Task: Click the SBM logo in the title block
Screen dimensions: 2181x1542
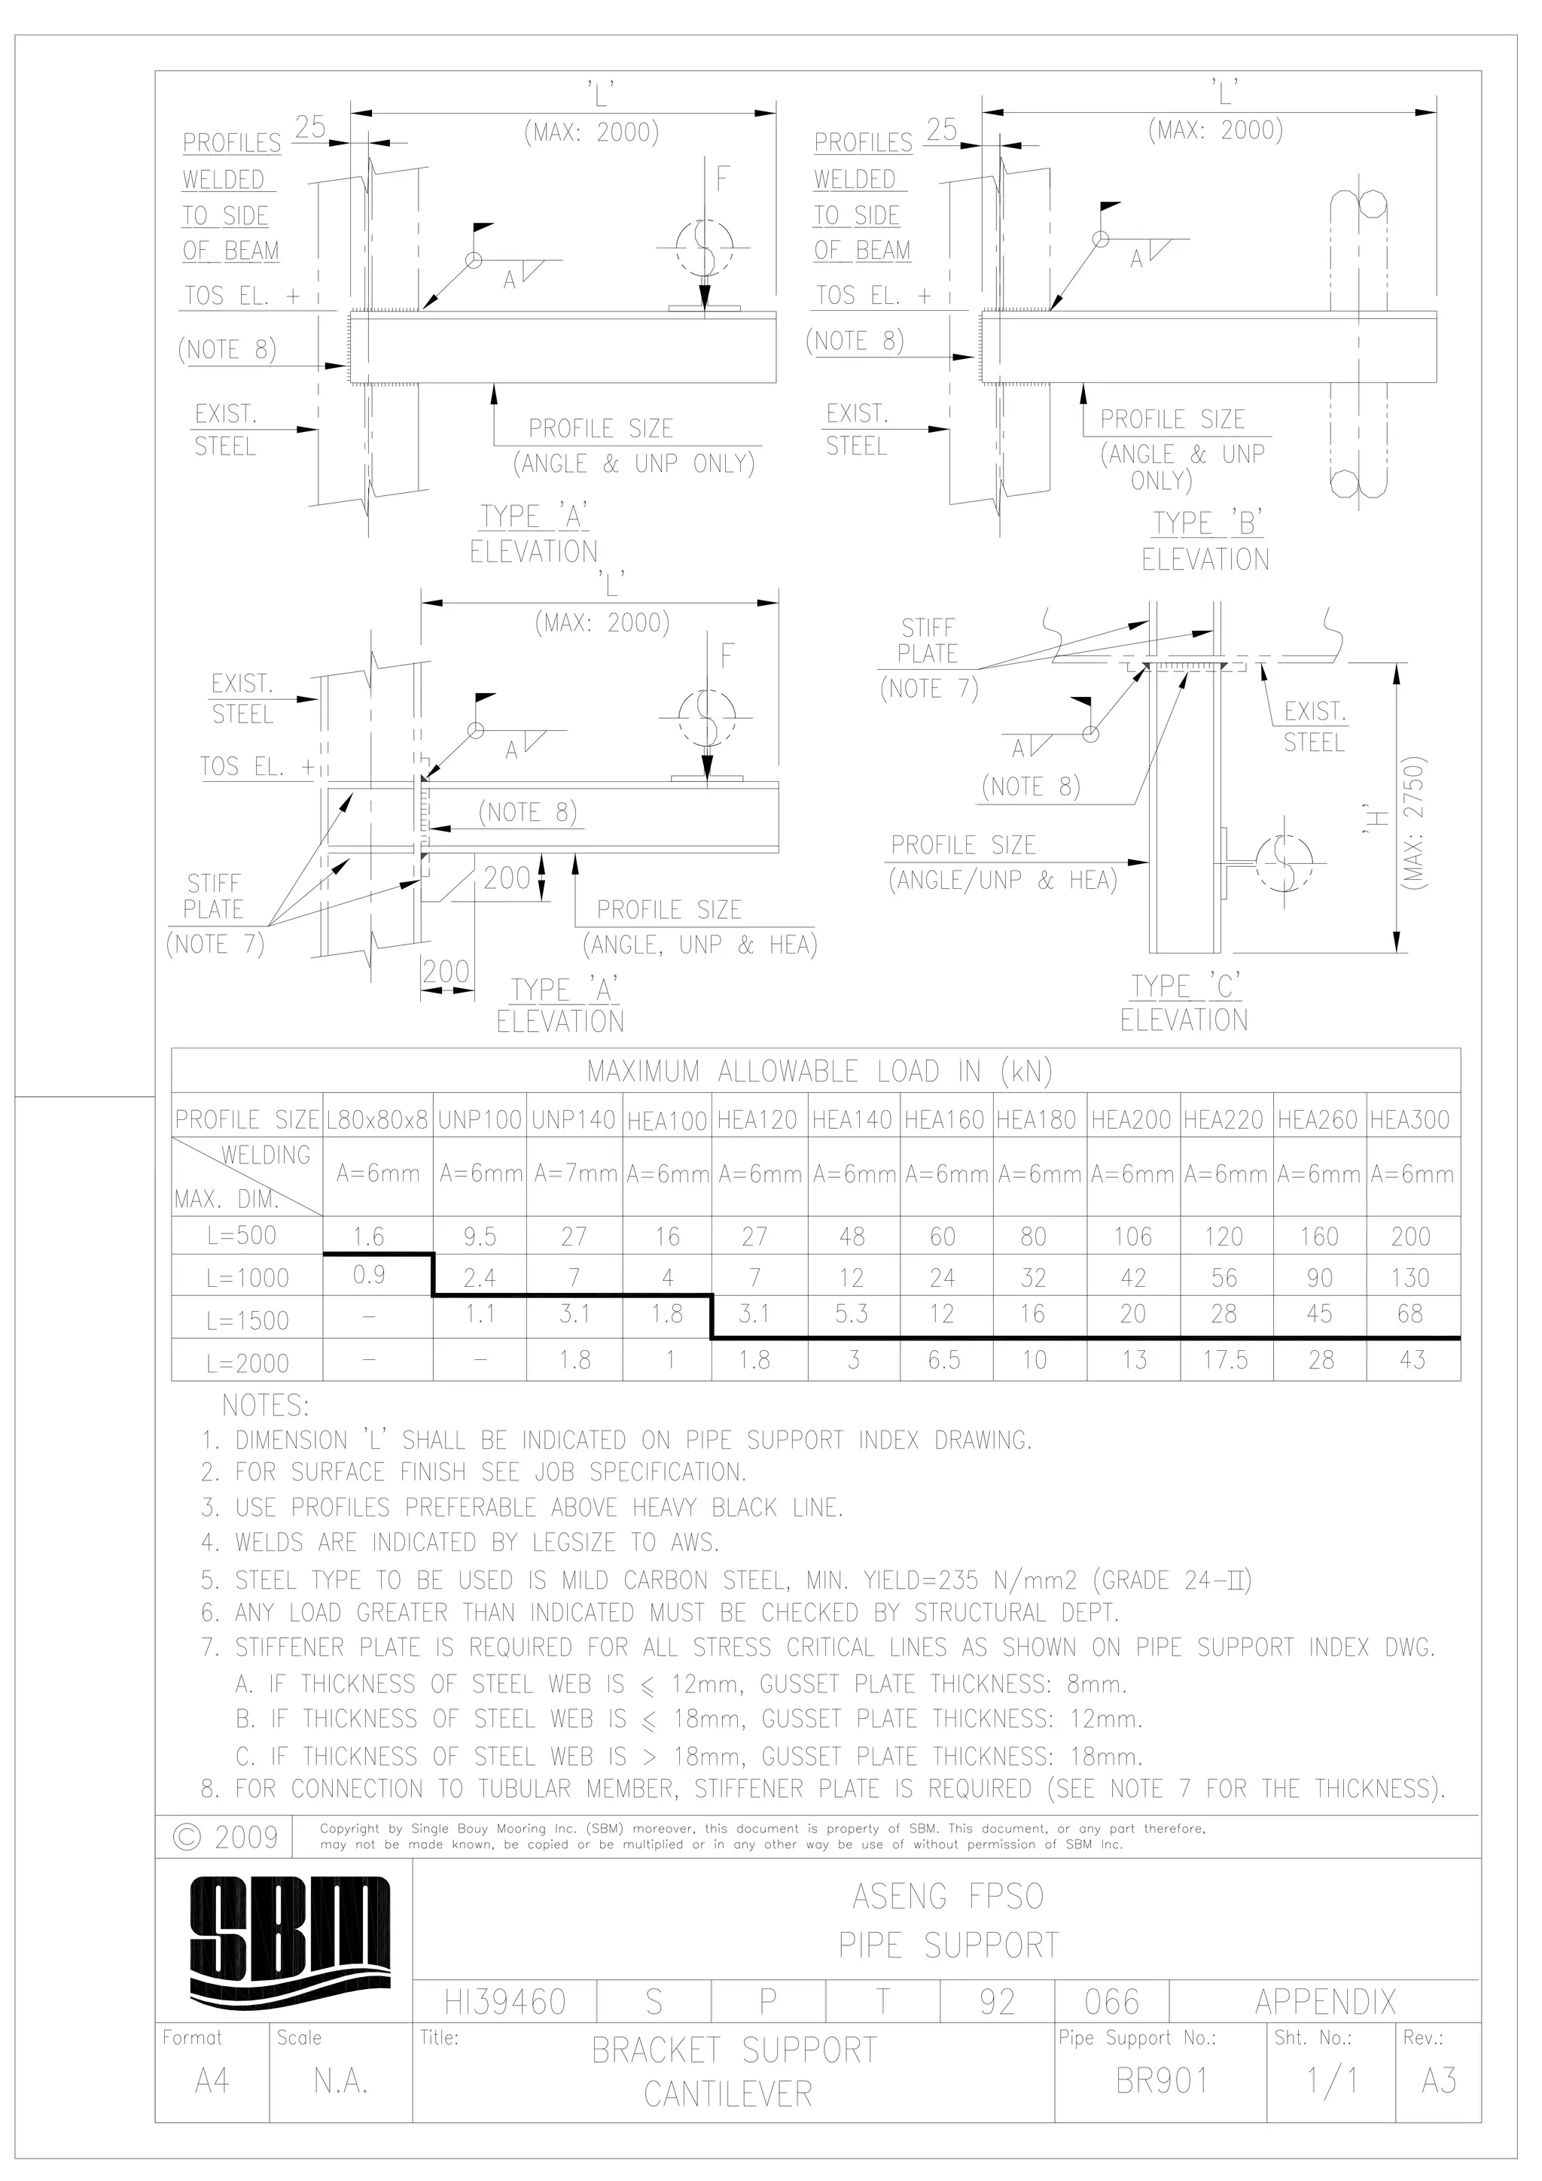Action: coord(289,1938)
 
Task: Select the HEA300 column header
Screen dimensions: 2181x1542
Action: coord(1410,1120)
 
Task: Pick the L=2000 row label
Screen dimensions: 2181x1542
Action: coord(247,1363)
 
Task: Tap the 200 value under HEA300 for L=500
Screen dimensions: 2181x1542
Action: coord(1410,1236)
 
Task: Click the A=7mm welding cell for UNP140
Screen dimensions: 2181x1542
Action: coord(574,1174)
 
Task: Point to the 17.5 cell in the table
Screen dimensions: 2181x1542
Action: coord(1225,1360)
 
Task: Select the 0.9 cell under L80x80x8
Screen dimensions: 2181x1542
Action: coord(370,1275)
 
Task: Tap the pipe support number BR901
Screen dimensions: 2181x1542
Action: coord(1161,2081)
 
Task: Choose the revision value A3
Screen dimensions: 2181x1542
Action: coord(1438,2081)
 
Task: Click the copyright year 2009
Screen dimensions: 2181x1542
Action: coord(227,1837)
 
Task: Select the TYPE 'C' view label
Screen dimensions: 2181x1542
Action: coord(1185,987)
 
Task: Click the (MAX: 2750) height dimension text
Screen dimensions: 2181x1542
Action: coord(1416,823)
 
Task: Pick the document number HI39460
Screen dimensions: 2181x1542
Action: coord(504,2003)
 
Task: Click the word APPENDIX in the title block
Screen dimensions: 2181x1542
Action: coord(1325,2003)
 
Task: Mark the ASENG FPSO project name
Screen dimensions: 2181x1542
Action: coord(947,1897)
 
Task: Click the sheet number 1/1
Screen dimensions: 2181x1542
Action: coord(1332,2081)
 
